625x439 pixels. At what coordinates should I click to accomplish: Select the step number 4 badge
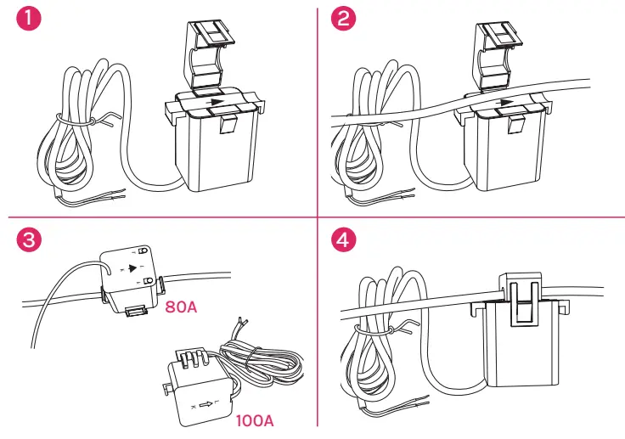343,239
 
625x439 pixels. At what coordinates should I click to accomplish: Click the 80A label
181,306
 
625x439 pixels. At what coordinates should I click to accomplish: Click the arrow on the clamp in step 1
217,101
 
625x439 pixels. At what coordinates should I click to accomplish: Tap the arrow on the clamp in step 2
506,103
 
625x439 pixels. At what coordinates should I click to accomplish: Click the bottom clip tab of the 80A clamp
134,312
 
